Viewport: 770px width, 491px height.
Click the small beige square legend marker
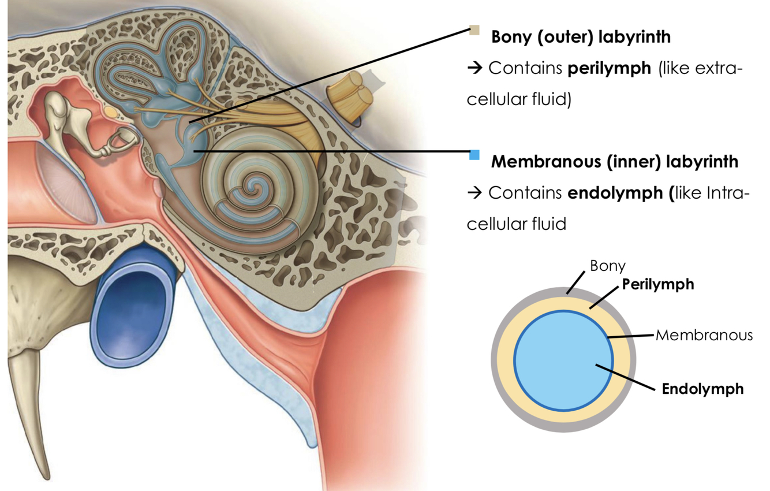pos(474,30)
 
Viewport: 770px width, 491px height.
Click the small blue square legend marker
pos(474,155)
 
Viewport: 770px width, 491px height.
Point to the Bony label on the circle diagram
pos(607,266)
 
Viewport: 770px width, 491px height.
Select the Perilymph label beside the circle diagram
pos(657,284)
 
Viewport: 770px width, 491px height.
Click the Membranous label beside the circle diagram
pos(704,335)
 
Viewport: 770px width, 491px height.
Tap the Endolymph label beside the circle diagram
pos(702,389)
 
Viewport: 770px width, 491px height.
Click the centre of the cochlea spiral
pos(252,186)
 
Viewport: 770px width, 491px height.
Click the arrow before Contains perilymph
pos(474,69)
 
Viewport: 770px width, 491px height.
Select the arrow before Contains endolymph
pos(474,193)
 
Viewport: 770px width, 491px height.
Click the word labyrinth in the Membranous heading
pos(701,162)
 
